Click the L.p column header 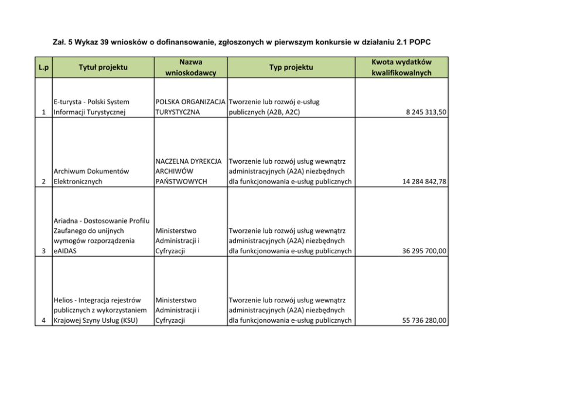pyautogui.click(x=43, y=67)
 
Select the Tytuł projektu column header pyautogui.click(x=103, y=67)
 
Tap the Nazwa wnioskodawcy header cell pyautogui.click(x=190, y=67)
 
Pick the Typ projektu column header pyautogui.click(x=291, y=67)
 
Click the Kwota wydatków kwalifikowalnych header pyautogui.click(x=401, y=67)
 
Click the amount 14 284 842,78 pyautogui.click(x=423, y=182)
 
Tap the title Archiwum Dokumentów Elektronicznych pyautogui.click(x=91, y=177)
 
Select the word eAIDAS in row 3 pyautogui.click(x=65, y=251)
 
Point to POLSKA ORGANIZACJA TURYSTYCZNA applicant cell pyautogui.click(x=190, y=107)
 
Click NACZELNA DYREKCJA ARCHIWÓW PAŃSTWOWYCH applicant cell pyautogui.click(x=190, y=171)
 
